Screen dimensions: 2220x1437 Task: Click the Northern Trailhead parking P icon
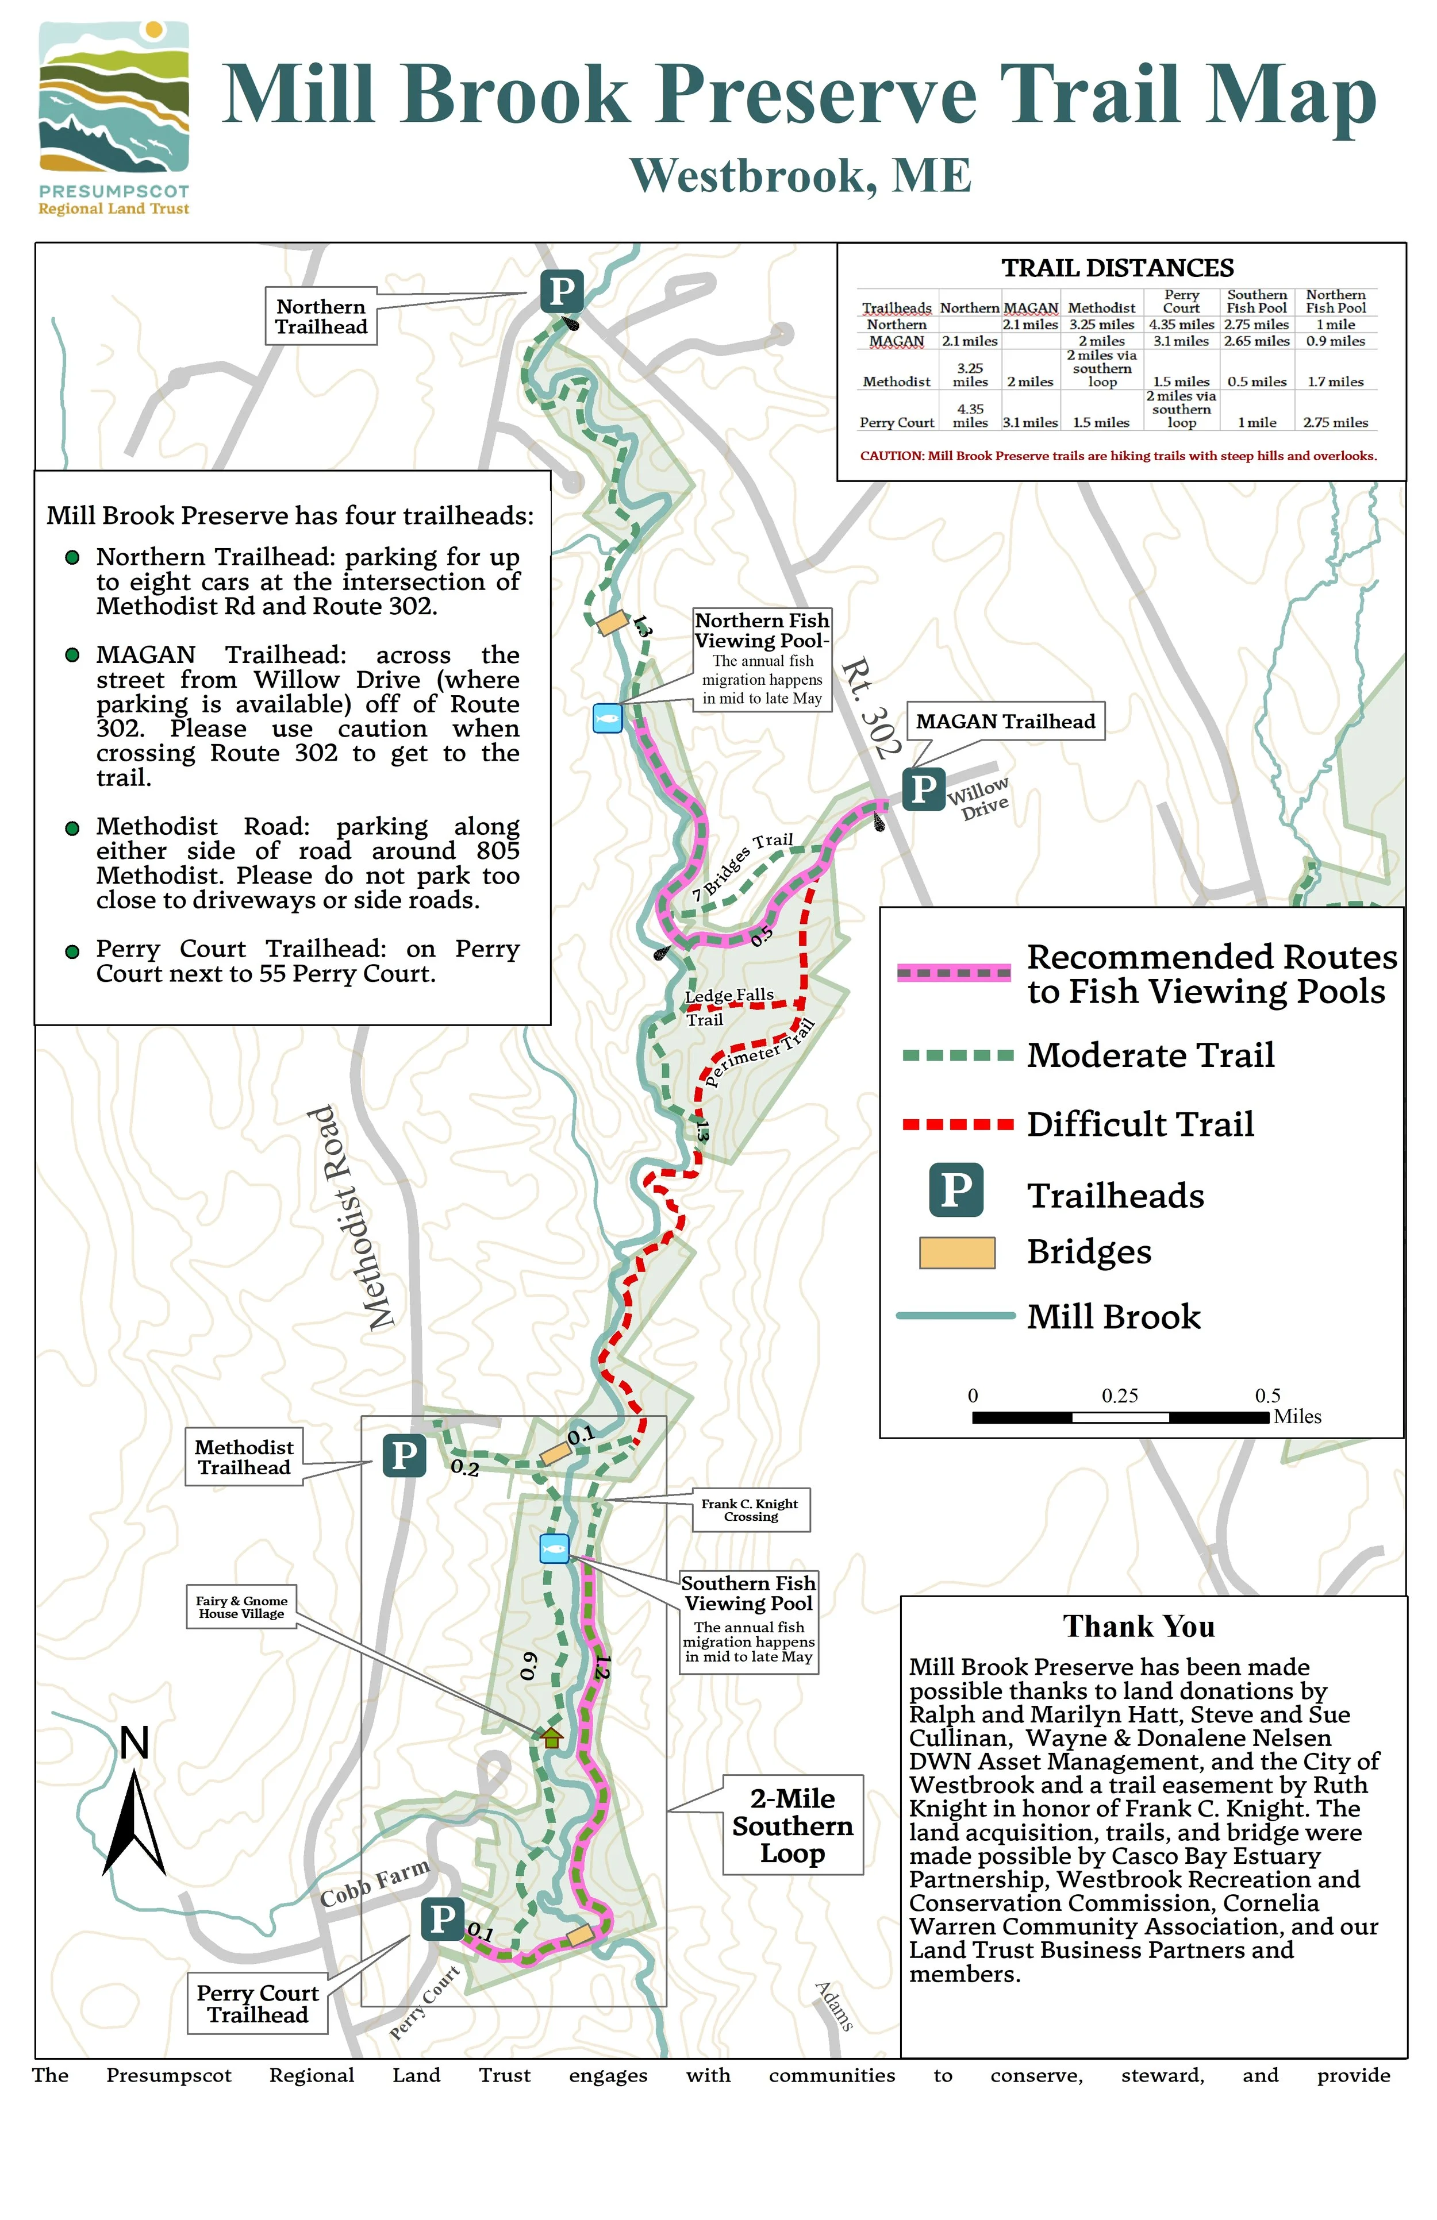coord(562,291)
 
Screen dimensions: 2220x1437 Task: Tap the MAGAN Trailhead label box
coord(1005,721)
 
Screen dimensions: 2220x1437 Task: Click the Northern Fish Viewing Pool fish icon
coord(608,718)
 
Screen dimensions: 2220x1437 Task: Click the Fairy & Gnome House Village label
coord(241,1607)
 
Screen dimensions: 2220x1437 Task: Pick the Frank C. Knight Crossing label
coord(750,1510)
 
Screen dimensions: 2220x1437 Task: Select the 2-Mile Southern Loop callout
coord(792,1825)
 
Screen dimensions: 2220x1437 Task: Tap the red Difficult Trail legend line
coord(958,1125)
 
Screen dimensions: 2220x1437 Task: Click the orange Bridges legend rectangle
coord(958,1252)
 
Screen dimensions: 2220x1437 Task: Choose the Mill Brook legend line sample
coord(955,1316)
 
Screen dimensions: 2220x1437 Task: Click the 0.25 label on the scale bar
coord(1120,1396)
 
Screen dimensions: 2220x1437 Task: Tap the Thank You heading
coord(1139,1627)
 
